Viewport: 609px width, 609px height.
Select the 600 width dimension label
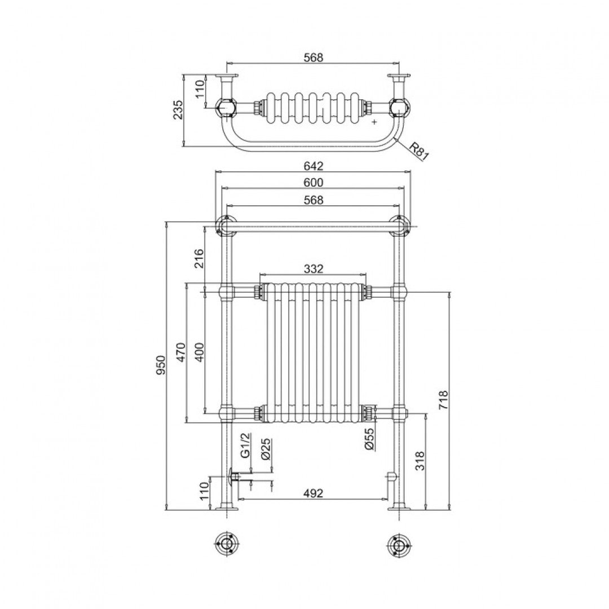314,182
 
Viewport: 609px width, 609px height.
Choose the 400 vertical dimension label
199,352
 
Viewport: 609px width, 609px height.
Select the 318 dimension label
420,461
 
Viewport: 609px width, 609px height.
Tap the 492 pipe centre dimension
314,493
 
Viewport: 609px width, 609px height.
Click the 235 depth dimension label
178,111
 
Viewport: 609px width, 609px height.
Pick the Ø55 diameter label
369,438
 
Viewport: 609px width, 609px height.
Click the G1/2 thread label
244,445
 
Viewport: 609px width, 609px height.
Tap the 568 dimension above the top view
314,58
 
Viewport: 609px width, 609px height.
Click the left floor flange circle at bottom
227,545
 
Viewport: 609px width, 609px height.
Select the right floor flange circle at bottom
399,545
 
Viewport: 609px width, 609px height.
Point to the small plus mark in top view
374,121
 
